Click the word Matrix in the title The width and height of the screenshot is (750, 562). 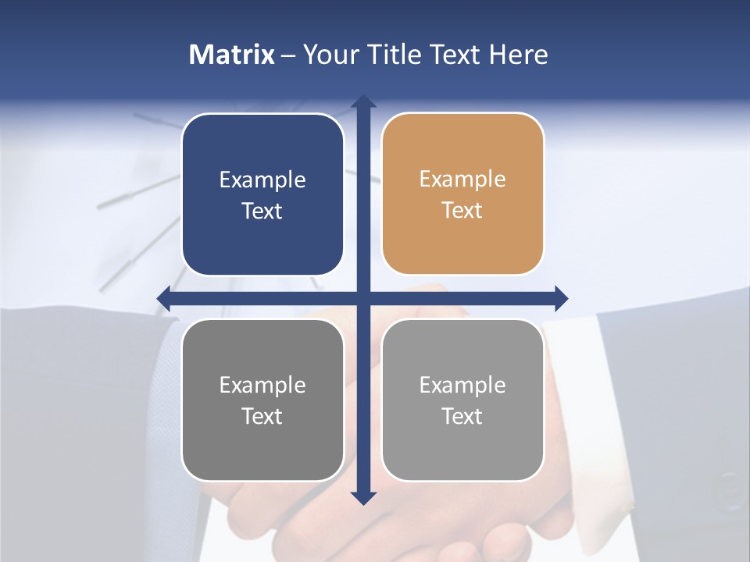click(231, 55)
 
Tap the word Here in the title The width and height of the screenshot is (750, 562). click(518, 55)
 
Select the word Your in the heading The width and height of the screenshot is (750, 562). click(332, 55)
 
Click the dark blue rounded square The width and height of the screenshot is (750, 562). click(262, 194)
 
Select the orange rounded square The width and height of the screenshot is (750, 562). click(462, 194)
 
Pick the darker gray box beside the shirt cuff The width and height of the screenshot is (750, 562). click(262, 400)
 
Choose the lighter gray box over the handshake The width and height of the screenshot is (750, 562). click(462, 400)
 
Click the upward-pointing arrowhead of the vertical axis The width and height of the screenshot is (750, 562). click(362, 101)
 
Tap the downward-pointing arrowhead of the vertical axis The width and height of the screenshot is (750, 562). click(362, 497)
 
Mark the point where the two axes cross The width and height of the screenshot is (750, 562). click(362, 298)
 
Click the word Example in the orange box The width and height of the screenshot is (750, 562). click(462, 179)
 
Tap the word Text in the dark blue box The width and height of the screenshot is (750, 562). click(262, 211)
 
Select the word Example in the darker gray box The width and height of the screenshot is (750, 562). click(262, 385)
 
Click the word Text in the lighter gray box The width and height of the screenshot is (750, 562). click(462, 416)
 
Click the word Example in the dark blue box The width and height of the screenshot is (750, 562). click(262, 180)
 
